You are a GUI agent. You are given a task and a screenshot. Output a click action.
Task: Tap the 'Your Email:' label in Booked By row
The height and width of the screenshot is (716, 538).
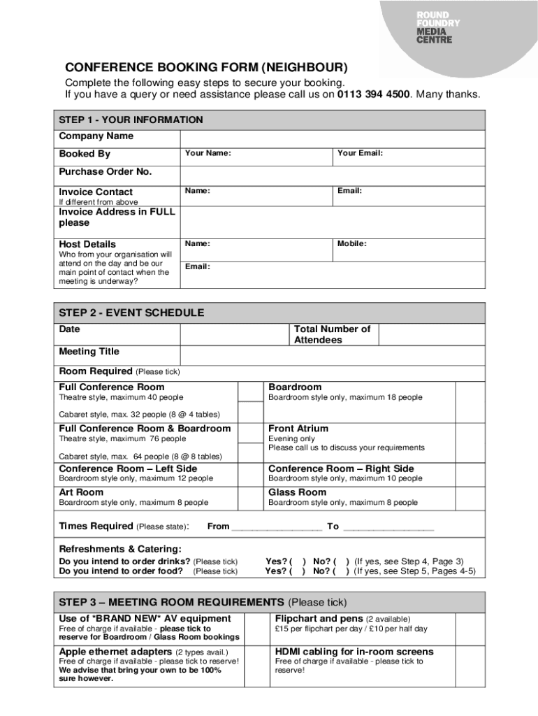(360, 153)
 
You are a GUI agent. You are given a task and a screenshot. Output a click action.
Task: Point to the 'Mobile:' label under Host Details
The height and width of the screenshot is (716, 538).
(352, 244)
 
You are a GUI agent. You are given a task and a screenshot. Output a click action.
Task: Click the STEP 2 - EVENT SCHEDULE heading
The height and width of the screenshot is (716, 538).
(131, 313)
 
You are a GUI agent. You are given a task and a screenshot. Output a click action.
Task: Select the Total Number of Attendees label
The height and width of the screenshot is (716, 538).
(332, 334)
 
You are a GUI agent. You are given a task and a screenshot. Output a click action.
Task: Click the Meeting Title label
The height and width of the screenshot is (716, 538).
(89, 351)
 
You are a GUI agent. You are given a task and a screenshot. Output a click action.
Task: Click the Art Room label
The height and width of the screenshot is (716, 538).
(81, 492)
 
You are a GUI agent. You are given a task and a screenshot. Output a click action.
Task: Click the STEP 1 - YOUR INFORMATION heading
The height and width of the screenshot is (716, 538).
(131, 120)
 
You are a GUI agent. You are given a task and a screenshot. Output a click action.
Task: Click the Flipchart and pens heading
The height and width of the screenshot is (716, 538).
(319, 619)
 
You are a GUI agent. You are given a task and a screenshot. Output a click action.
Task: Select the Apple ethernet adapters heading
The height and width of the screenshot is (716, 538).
(115, 652)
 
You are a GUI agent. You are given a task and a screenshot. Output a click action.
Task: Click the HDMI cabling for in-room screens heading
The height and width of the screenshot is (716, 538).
(354, 652)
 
